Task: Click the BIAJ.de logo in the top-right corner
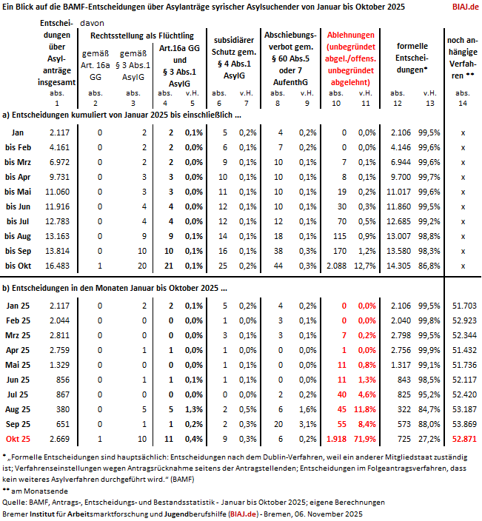pyautogui.click(x=463, y=7)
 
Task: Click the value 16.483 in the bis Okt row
pyautogui.click(x=56, y=265)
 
